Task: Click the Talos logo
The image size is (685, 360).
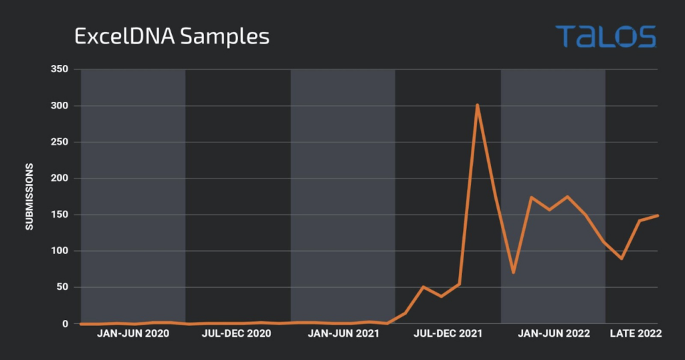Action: point(605,36)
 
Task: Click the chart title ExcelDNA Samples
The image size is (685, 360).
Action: point(171,36)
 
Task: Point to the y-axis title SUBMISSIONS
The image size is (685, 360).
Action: point(29,197)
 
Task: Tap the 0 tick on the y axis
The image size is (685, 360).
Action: point(66,324)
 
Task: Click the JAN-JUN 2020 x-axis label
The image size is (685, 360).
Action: point(133,333)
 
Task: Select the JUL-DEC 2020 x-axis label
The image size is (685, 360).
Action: point(236,333)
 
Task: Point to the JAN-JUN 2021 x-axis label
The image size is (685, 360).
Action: point(343,333)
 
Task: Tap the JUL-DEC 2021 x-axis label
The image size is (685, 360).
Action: point(447,333)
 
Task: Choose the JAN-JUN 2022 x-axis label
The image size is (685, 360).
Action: point(554,333)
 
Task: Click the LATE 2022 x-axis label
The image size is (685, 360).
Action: point(635,333)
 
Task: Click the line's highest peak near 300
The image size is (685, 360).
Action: point(477,104)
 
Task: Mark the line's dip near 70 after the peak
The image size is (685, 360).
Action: point(513,272)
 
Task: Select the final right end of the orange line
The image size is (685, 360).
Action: point(658,215)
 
